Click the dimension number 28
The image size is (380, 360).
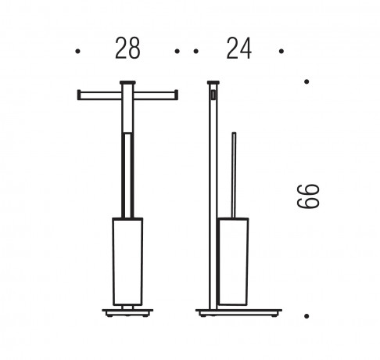[x=127, y=49]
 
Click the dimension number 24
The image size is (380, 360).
[x=239, y=49]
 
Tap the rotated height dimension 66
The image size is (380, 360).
[x=308, y=196]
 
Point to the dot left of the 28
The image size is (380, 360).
[x=77, y=51]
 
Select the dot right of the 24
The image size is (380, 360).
[x=281, y=51]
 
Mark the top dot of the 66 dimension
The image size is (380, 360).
[x=307, y=81]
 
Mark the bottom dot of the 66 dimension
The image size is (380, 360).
[x=307, y=316]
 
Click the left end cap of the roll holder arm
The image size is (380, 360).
[x=79, y=95]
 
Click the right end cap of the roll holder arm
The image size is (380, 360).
[x=177, y=95]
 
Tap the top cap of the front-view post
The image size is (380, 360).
[x=127, y=83]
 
